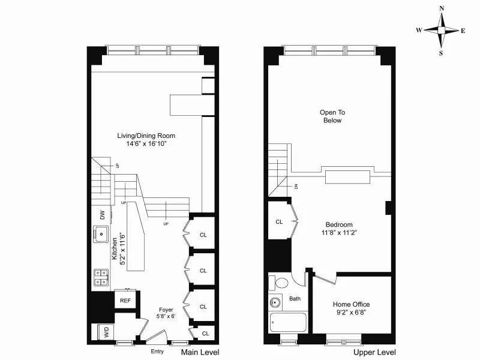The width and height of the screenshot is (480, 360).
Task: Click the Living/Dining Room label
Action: [x=146, y=136]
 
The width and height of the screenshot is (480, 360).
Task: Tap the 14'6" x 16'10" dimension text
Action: [x=146, y=144]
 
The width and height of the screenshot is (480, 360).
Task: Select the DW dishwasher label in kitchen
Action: [x=103, y=215]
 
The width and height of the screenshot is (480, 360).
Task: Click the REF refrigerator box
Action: [x=126, y=301]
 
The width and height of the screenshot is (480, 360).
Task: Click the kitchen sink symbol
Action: [x=102, y=234]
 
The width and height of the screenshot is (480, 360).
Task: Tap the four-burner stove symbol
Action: [x=101, y=276]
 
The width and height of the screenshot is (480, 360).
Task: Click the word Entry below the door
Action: [x=158, y=352]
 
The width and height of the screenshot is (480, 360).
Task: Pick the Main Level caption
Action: [x=200, y=352]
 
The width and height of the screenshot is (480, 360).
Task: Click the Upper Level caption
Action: [x=374, y=352]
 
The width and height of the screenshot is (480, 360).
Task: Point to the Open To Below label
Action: [x=332, y=116]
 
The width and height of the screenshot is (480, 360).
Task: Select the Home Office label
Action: [x=352, y=304]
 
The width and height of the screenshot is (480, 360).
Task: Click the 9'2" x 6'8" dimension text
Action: [x=352, y=313]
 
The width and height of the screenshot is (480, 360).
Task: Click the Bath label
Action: [x=295, y=298]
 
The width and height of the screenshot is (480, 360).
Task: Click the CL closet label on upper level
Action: [x=279, y=222]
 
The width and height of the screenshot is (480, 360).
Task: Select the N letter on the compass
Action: [x=442, y=8]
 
